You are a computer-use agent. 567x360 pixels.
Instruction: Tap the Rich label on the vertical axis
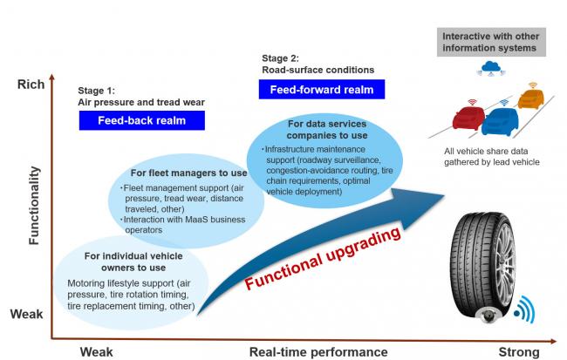31,85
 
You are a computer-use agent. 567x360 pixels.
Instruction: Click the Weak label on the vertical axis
31,313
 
